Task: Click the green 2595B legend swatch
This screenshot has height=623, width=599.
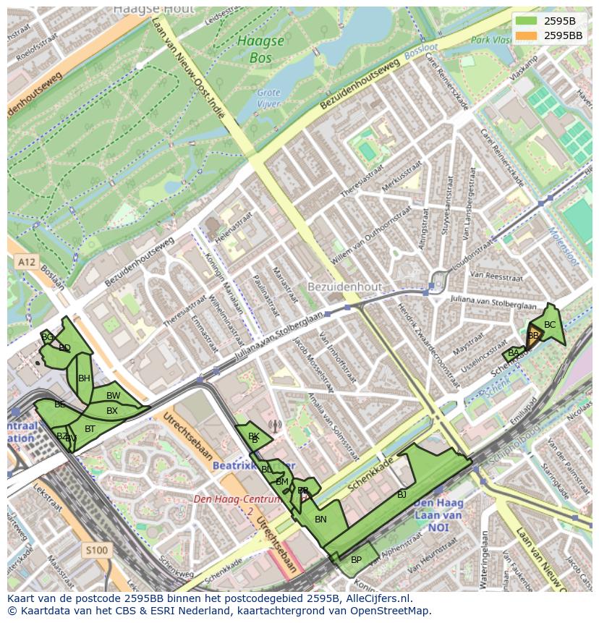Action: click(x=527, y=21)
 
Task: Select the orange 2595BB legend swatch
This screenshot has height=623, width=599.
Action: click(x=527, y=35)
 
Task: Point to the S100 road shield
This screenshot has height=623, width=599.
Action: click(x=95, y=551)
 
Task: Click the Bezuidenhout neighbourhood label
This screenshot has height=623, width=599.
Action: click(x=344, y=287)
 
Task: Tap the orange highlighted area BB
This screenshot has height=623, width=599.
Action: click(x=534, y=336)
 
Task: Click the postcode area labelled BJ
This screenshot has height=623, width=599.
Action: click(x=402, y=494)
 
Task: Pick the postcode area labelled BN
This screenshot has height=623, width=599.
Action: click(x=320, y=519)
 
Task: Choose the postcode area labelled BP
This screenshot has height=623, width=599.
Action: click(x=356, y=559)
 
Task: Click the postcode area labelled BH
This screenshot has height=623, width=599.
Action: click(x=84, y=378)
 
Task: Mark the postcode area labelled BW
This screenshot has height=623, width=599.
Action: click(x=113, y=396)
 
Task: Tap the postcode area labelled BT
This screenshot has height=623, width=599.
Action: click(x=90, y=428)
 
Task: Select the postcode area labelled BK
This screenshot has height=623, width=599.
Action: click(x=253, y=436)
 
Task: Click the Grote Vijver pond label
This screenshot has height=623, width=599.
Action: click(x=268, y=98)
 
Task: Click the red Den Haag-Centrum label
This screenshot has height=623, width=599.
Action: click(x=237, y=500)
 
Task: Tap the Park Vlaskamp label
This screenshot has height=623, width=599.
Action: click(x=492, y=41)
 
